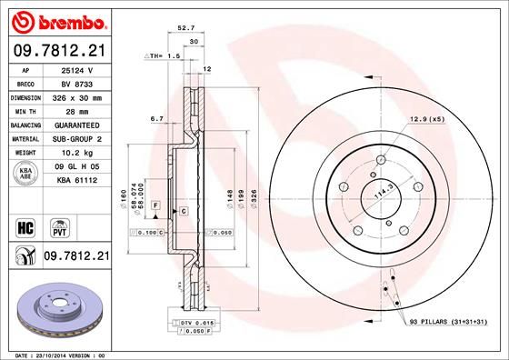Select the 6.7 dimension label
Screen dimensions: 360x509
[x=156, y=119]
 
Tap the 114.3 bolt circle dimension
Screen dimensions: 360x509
[x=373, y=193]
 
